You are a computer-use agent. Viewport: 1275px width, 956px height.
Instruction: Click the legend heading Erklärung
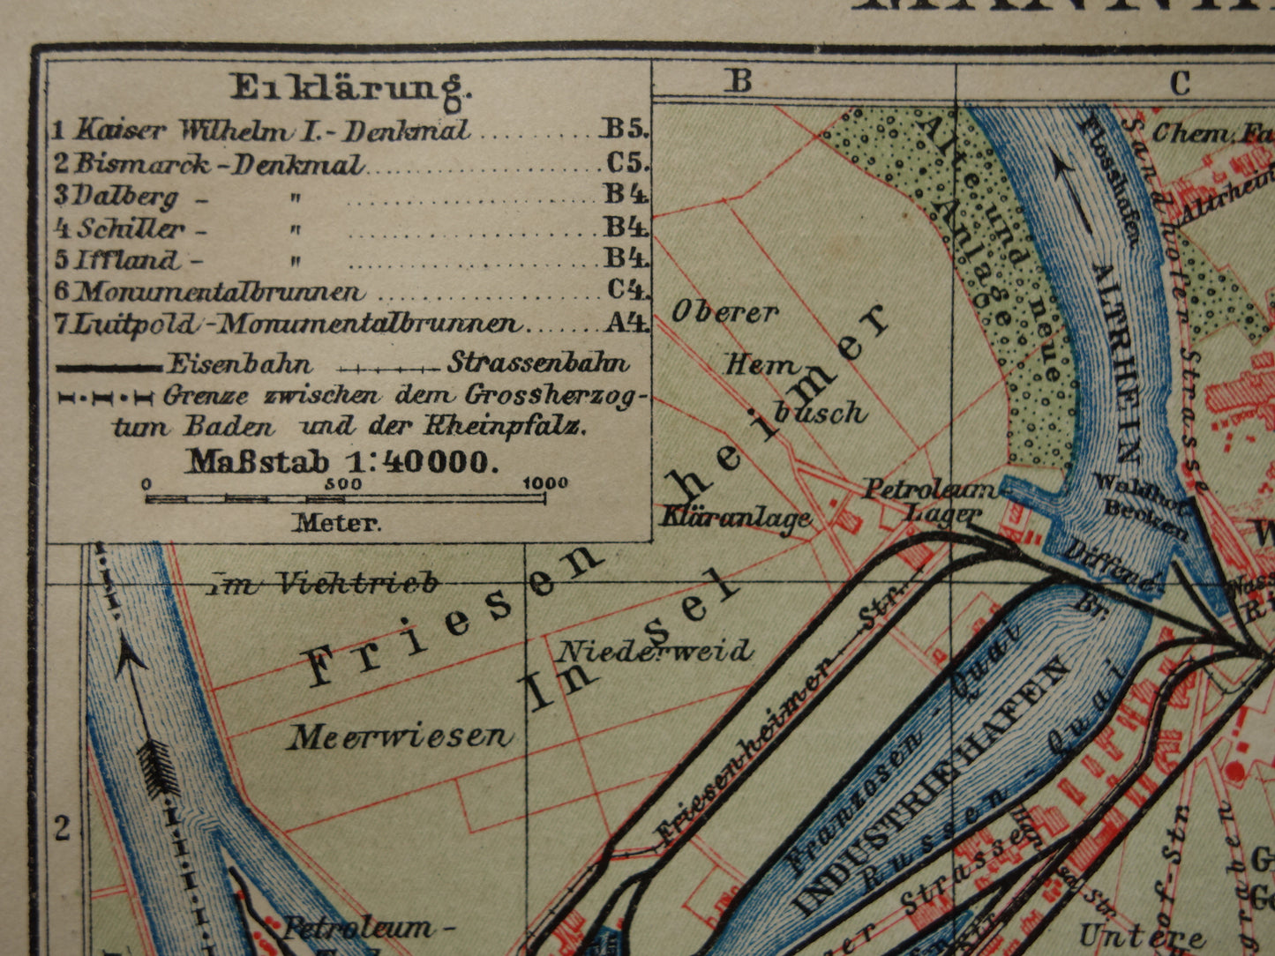pyautogui.click(x=351, y=86)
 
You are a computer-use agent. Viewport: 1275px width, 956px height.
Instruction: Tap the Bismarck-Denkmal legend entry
pyautogui.click(x=218, y=163)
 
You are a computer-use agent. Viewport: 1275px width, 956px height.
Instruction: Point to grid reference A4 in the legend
pyautogui.click(x=626, y=324)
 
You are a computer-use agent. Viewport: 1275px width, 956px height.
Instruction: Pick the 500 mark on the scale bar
pyautogui.click(x=342, y=483)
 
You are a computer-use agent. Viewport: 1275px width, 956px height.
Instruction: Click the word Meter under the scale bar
pyautogui.click(x=338, y=522)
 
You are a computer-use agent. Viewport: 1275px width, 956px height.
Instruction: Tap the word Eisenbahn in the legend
pyautogui.click(x=238, y=363)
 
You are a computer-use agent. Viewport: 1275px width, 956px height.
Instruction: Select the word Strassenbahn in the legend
pyautogui.click(x=538, y=362)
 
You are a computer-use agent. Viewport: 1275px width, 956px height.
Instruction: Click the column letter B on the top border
pyautogui.click(x=739, y=81)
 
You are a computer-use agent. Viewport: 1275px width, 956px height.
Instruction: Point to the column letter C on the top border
pyautogui.click(x=1181, y=83)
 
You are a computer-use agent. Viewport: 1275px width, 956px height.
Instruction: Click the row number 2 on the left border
pyautogui.click(x=62, y=828)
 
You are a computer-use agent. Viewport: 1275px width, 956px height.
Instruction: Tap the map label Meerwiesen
pyautogui.click(x=399, y=736)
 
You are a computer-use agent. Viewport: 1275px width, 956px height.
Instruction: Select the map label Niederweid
pyautogui.click(x=655, y=651)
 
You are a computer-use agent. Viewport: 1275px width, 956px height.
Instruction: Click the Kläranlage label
pyautogui.click(x=735, y=518)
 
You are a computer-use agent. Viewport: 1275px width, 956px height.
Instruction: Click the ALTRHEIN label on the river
pyautogui.click(x=1114, y=362)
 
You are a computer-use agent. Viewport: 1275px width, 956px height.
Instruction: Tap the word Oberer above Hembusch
pyautogui.click(x=725, y=311)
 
